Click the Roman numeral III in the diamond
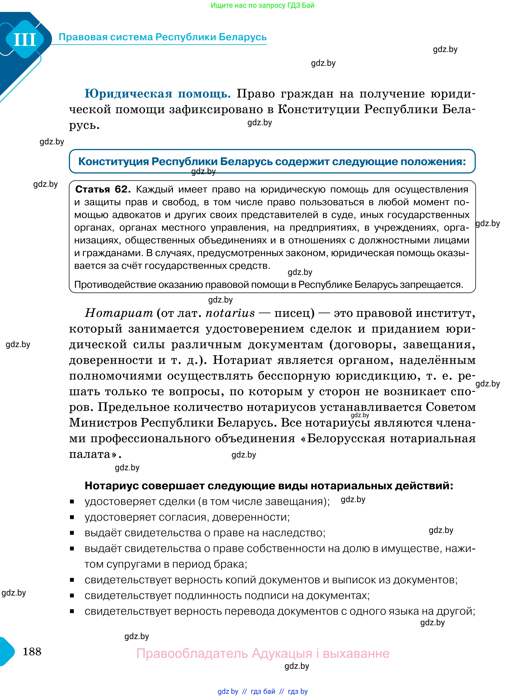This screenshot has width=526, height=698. click(x=25, y=40)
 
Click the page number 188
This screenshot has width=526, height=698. click(x=32, y=651)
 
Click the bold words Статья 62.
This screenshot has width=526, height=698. click(x=102, y=189)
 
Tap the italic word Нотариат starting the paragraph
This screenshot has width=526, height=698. click(x=119, y=313)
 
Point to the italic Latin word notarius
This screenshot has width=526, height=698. click(x=230, y=313)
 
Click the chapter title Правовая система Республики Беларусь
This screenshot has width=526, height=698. click(x=163, y=37)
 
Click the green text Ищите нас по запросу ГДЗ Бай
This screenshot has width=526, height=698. click(x=262, y=5)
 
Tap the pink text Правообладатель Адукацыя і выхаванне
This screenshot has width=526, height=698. click(x=263, y=653)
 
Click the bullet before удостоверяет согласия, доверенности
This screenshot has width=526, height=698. click(x=72, y=517)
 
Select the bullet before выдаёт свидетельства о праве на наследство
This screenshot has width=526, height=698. click(x=72, y=533)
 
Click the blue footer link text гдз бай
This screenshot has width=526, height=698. click(x=263, y=691)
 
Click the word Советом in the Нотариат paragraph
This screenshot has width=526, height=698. click(x=451, y=407)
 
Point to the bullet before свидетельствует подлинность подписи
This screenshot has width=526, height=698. click(x=72, y=596)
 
